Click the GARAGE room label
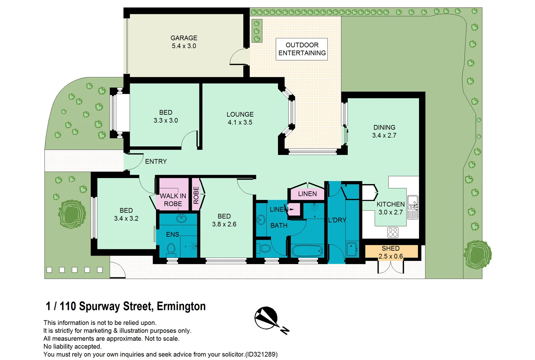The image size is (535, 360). click(x=184, y=38)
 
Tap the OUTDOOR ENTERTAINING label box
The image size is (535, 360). click(x=302, y=49)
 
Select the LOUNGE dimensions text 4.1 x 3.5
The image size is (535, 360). click(x=240, y=122)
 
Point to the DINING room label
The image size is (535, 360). click(x=384, y=127)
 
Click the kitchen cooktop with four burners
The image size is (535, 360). click(x=393, y=232)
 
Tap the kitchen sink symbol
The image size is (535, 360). click(x=413, y=207)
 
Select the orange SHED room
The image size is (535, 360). click(x=392, y=252)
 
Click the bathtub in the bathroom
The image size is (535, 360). click(x=307, y=251)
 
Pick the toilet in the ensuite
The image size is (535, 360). click(x=171, y=249)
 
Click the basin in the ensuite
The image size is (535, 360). click(x=181, y=218)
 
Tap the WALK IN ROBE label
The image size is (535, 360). click(x=173, y=200)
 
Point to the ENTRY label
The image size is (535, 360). click(x=156, y=161)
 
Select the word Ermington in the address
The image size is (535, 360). click(x=181, y=306)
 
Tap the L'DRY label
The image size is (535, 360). click(x=337, y=220)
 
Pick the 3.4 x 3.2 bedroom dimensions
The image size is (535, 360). click(x=126, y=218)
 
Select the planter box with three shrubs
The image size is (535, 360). click(x=257, y=31)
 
